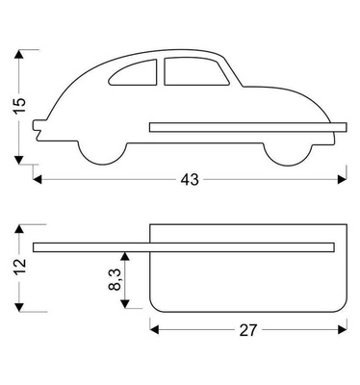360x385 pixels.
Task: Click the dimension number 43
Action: tap(186, 180)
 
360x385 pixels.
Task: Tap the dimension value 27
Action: tap(248, 329)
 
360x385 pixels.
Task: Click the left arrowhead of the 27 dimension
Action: tap(154, 329)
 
